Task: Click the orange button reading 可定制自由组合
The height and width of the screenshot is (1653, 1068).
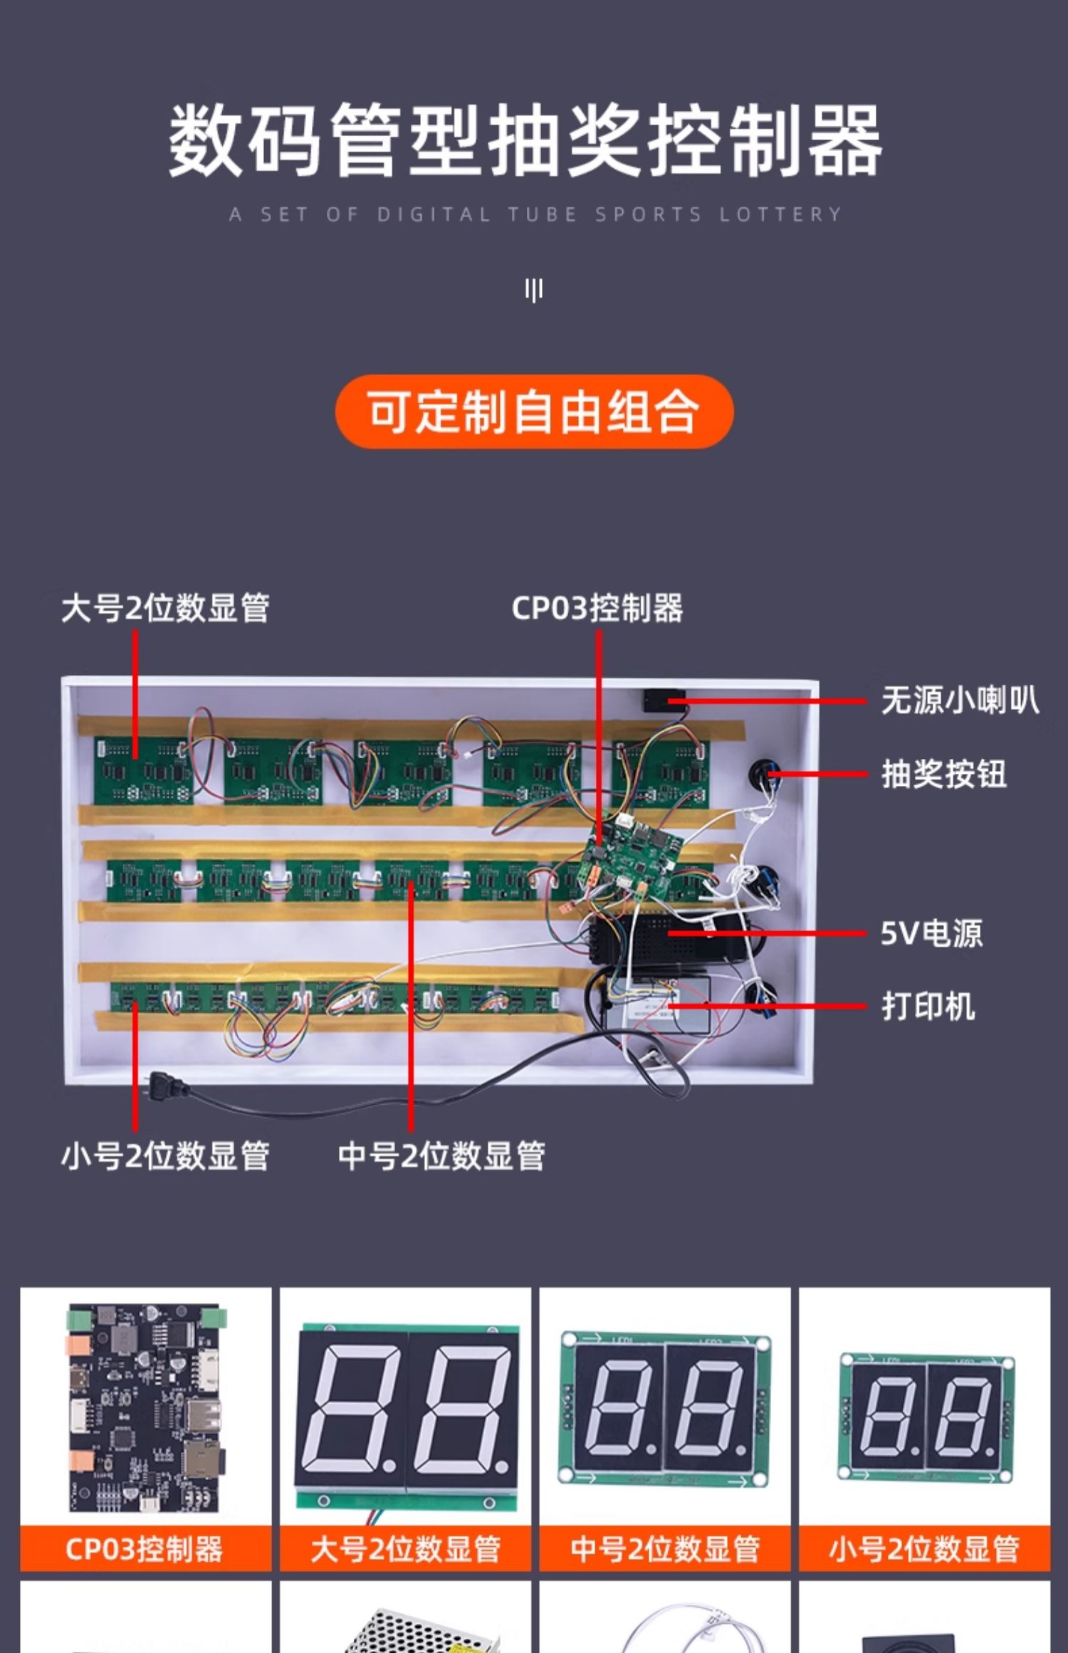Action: (534, 411)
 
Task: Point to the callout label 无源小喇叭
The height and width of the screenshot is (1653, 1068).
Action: (960, 700)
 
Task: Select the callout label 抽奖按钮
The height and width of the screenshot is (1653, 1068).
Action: (944, 774)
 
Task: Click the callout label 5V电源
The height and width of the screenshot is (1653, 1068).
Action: (931, 933)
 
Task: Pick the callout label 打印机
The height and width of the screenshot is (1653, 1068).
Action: (928, 1007)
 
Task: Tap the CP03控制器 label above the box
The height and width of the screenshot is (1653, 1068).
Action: (597, 609)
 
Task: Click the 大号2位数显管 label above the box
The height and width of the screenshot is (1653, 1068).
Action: (165, 609)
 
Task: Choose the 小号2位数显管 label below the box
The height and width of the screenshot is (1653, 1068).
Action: (165, 1155)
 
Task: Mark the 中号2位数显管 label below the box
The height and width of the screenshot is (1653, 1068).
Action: (441, 1155)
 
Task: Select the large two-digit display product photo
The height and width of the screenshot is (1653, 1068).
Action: (406, 1419)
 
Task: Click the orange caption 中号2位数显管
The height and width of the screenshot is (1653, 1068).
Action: (665, 1549)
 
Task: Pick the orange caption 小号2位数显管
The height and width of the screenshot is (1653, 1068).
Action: (924, 1549)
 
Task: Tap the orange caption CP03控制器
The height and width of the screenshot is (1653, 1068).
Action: (145, 1549)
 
